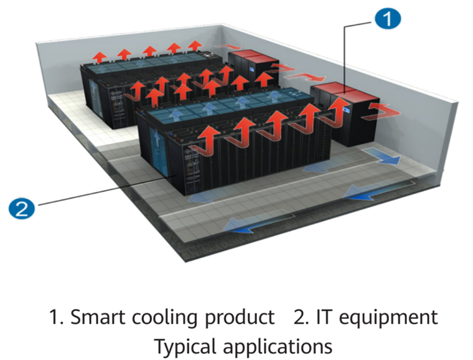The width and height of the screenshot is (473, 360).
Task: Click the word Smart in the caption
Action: point(94,317)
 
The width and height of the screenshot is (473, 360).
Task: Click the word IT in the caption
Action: point(322,317)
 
